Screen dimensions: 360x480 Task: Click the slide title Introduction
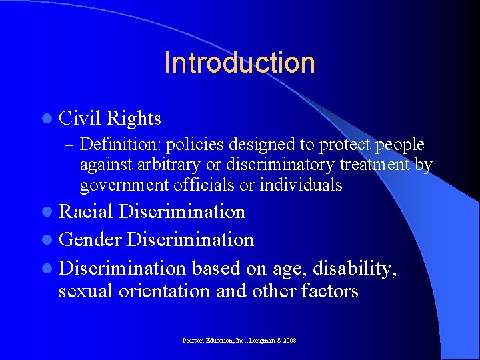coord(239,63)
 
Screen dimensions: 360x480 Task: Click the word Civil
coord(80,119)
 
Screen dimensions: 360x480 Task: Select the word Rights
coord(134,119)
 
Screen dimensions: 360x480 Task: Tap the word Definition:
coord(121,145)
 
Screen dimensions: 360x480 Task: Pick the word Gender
coord(90,239)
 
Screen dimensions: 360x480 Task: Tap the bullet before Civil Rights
coord(49,119)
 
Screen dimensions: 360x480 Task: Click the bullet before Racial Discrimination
coord(49,213)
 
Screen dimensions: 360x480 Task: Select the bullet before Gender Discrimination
coord(49,239)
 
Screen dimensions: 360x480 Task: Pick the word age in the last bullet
coord(286,268)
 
